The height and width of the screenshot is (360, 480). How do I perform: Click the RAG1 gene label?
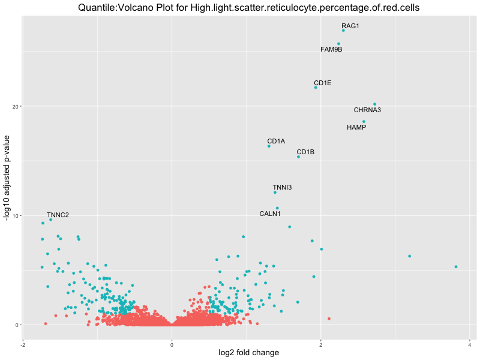350,26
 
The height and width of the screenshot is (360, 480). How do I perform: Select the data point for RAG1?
343,31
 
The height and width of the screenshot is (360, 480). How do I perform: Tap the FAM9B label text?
331,49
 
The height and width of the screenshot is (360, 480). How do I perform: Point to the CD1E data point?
316,88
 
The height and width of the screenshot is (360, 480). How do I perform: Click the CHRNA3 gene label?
367,110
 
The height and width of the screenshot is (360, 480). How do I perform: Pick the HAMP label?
356,127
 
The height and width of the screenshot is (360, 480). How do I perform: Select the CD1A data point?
269,146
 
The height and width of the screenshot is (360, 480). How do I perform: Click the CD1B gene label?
305,152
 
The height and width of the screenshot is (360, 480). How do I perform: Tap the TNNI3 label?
282,187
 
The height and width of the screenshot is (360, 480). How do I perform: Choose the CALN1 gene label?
270,214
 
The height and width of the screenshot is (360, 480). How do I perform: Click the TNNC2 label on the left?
58,215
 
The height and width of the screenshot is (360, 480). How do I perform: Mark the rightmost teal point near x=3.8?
456,267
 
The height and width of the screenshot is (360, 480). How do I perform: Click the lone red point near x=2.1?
329,319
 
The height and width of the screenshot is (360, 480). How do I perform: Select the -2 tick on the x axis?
23,344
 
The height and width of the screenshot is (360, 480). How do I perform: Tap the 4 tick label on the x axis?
470,344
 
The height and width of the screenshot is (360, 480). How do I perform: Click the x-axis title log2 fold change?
246,353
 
